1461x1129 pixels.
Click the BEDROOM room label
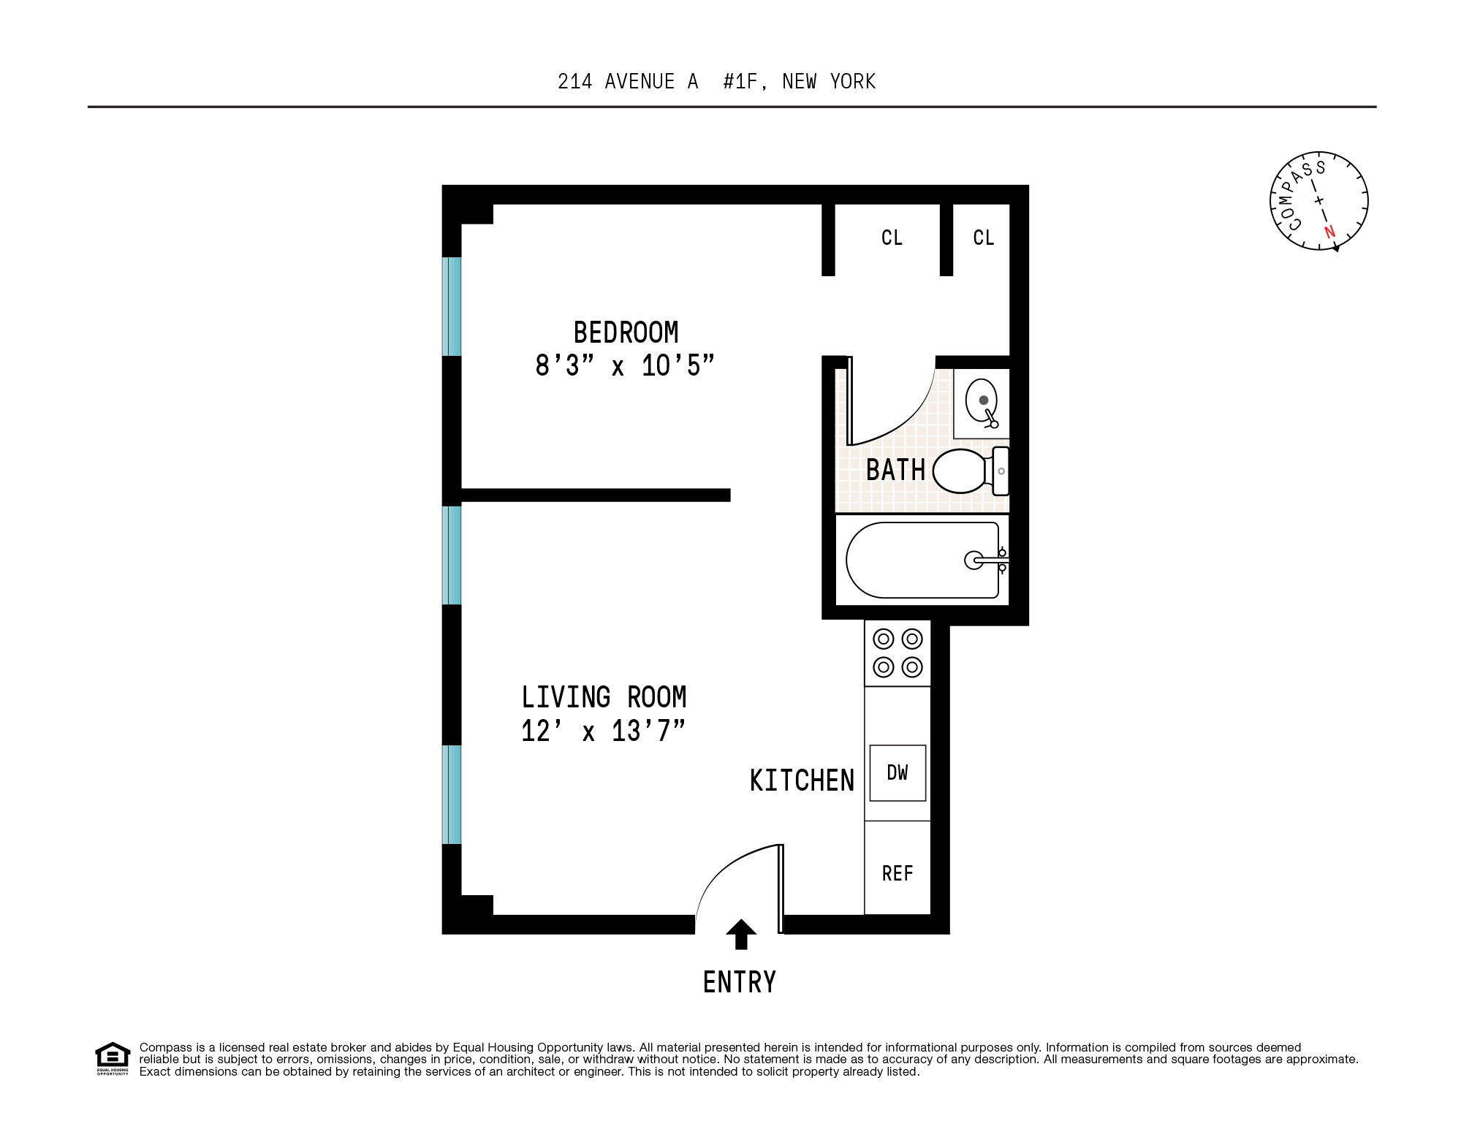click(x=626, y=332)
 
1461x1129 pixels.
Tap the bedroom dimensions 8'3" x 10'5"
click(x=625, y=365)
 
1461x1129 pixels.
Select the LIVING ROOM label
click(x=604, y=697)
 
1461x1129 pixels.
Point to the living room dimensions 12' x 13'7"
click(x=603, y=731)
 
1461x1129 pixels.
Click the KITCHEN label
click(x=802, y=780)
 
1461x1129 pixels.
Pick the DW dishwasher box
click(x=898, y=773)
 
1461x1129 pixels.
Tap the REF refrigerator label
click(x=898, y=873)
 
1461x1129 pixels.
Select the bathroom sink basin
click(x=981, y=401)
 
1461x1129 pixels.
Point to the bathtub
click(x=922, y=560)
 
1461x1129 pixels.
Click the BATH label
click(x=895, y=470)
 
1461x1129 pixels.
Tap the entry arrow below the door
click(x=741, y=934)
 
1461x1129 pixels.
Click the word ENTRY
click(x=740, y=982)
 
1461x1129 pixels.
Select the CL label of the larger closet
click(x=892, y=237)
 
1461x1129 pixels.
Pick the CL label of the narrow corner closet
click(x=984, y=237)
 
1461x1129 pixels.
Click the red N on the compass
click(x=1329, y=232)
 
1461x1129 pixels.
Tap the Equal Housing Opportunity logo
click(x=113, y=1058)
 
